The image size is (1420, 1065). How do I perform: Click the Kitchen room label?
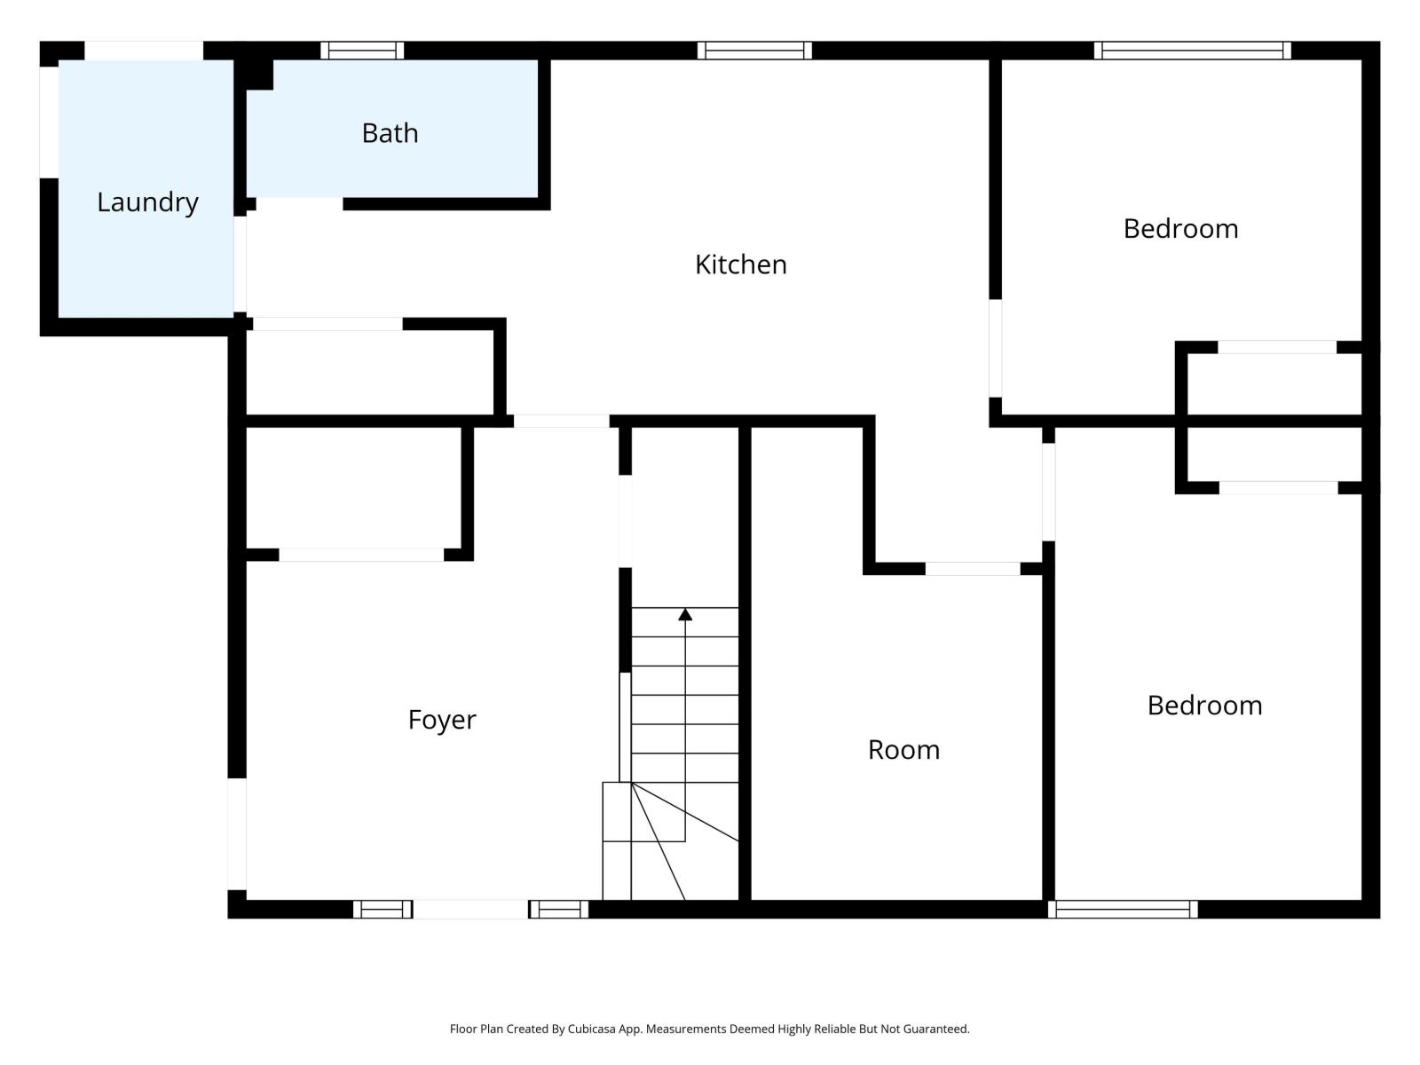tap(740, 264)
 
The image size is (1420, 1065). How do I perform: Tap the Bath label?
tap(390, 133)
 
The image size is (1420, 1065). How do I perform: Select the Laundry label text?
tap(147, 202)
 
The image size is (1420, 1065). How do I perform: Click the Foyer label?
tap(442, 719)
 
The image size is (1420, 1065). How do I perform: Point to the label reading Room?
tap(903, 750)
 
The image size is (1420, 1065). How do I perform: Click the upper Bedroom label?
tap(1180, 229)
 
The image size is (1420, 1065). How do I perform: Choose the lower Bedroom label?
tap(1204, 706)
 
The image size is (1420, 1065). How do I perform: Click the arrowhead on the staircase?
tap(685, 614)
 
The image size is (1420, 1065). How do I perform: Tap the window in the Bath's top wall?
tap(362, 51)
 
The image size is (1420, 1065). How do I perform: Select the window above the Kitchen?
tap(754, 51)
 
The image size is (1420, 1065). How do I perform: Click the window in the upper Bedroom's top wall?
tap(1192, 51)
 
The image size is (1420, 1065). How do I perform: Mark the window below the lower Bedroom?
tap(1123, 909)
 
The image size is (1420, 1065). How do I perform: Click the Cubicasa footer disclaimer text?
tap(709, 1029)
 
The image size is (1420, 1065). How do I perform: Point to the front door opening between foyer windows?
tap(470, 909)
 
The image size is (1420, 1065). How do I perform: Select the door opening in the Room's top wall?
tap(973, 569)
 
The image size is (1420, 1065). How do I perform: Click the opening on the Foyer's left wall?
tap(237, 834)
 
